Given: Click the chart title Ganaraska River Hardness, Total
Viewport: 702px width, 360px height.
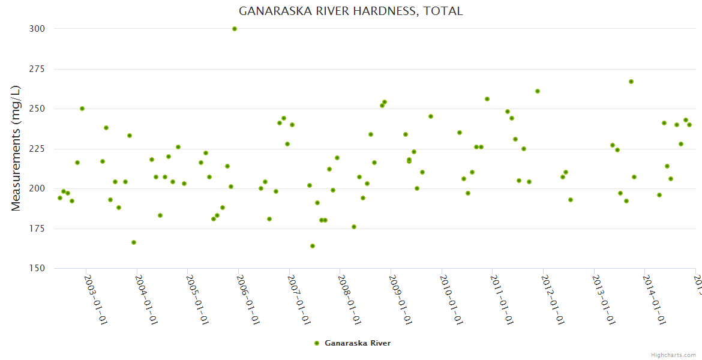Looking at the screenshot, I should pyautogui.click(x=350, y=11).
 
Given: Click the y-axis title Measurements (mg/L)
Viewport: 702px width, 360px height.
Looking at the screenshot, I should pyautogui.click(x=16, y=148).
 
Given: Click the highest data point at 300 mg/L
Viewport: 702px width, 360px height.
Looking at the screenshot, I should pyautogui.click(x=235, y=29).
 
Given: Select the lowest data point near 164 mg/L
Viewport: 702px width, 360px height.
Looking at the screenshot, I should pyautogui.click(x=313, y=246).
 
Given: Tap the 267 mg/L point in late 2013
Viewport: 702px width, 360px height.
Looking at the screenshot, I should pyautogui.click(x=631, y=82).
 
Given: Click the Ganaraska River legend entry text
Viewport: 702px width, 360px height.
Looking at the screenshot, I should pyautogui.click(x=358, y=343).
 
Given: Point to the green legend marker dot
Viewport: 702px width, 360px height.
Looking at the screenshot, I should pyautogui.click(x=317, y=343).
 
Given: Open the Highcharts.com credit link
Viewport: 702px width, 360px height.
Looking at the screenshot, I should pyautogui.click(x=673, y=355).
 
